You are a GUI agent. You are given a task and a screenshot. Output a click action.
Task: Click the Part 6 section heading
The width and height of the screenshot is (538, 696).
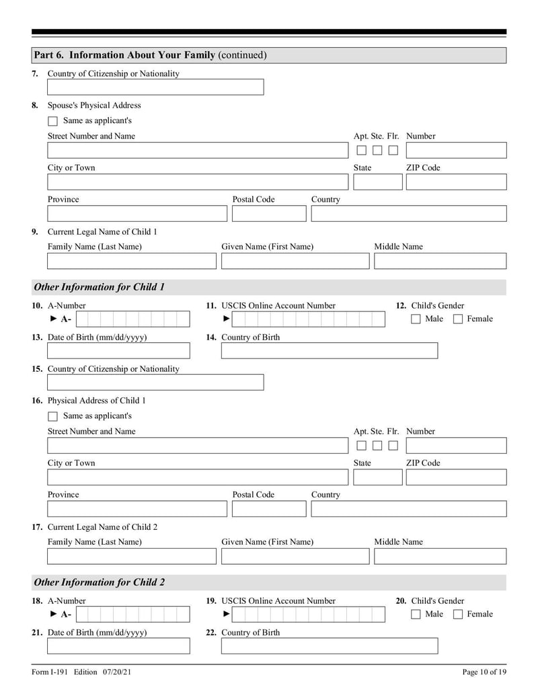[150, 55]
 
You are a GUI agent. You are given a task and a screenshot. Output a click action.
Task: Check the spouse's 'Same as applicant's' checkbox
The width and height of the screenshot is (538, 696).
[53, 122]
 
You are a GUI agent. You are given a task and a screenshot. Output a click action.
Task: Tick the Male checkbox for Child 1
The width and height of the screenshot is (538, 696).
[416, 319]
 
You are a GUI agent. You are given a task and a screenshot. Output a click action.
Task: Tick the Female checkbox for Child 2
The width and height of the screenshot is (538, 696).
[458, 615]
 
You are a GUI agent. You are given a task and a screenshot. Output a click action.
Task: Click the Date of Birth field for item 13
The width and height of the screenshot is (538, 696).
[118, 351]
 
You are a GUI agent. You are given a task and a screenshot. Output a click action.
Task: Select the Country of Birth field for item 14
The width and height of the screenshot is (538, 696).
[329, 351]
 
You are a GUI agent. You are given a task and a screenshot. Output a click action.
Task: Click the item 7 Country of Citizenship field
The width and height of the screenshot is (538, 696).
[155, 87]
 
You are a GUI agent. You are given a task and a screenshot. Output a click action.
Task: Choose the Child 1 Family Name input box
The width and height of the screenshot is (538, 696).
[132, 261]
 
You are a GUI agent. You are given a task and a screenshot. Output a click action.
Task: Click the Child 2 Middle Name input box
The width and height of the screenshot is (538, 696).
[440, 556]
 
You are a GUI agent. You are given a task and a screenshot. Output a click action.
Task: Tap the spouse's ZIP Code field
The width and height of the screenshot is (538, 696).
[455, 182]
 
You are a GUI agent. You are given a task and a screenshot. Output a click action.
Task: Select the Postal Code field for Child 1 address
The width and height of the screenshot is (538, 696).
[269, 509]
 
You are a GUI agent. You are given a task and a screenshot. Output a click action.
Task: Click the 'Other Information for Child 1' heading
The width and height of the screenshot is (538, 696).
[99, 287]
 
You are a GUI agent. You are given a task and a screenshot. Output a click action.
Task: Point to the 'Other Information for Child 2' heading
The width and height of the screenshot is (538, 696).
[99, 582]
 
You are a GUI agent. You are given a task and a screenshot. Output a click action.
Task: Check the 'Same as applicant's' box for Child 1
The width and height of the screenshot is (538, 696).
[53, 417]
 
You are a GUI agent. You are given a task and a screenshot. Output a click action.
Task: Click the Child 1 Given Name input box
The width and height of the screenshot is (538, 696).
[295, 261]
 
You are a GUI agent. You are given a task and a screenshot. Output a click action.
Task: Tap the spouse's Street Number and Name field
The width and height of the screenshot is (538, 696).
[198, 151]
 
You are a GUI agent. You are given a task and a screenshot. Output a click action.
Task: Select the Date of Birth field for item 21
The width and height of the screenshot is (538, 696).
[118, 646]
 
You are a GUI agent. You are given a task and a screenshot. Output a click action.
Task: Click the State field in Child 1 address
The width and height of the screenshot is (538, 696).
[377, 477]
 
